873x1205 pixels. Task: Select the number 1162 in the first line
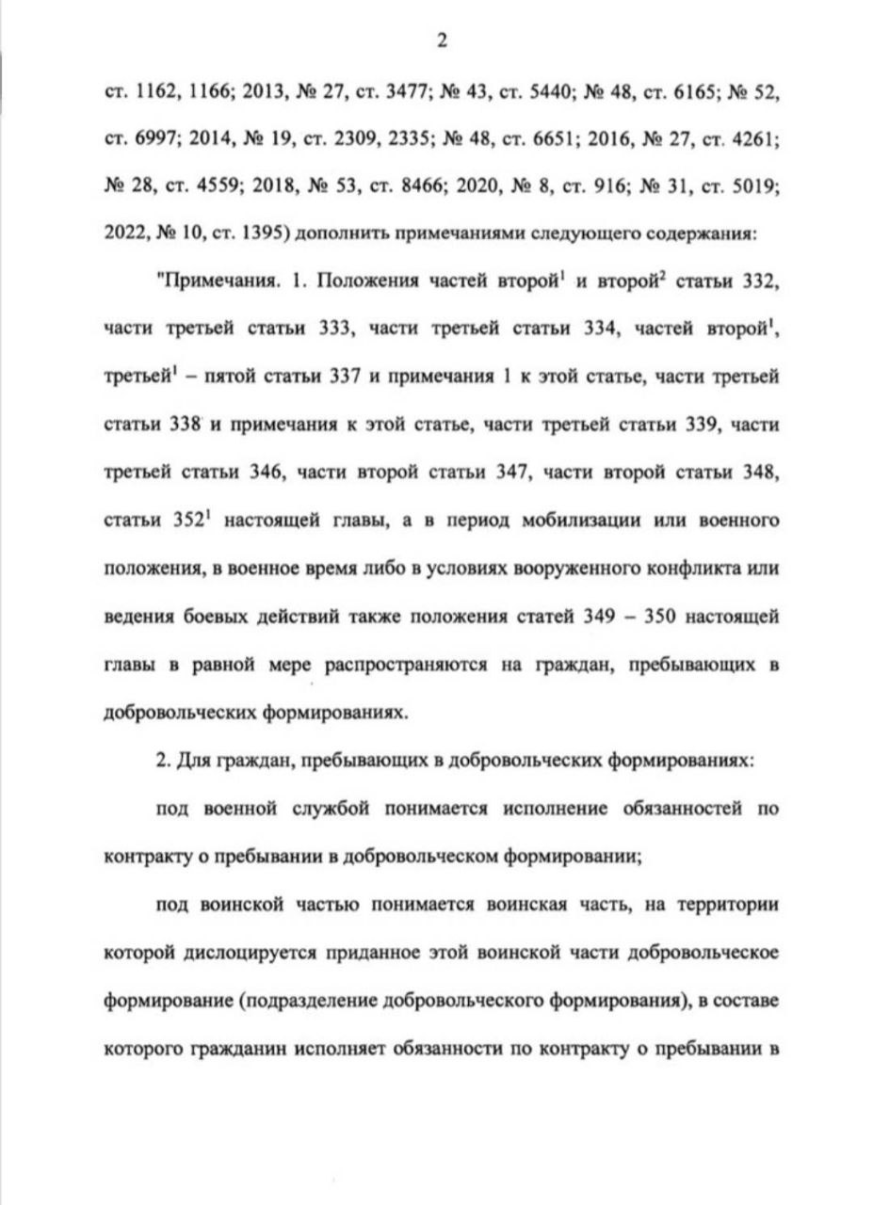click(156, 94)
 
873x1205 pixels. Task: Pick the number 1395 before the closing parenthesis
click(253, 233)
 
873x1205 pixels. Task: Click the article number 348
click(755, 472)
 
